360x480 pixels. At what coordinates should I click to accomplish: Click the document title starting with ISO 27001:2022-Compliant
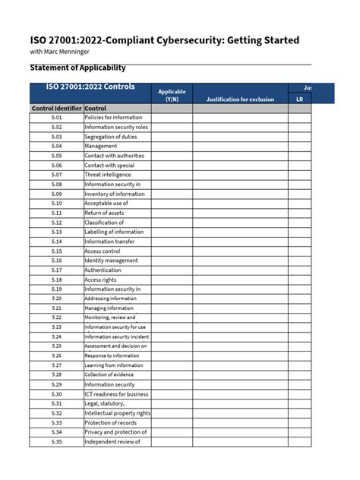tap(164, 39)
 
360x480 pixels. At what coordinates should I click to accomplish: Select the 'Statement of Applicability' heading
tap(77, 68)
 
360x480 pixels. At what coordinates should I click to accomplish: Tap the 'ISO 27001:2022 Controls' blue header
tap(90, 87)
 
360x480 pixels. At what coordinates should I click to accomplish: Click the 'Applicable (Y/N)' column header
tap(172, 95)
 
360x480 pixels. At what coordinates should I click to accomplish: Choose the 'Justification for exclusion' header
tap(240, 99)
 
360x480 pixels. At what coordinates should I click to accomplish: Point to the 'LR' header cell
tap(299, 99)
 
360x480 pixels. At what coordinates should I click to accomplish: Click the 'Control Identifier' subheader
tap(57, 109)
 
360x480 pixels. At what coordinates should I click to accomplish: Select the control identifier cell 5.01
tap(57, 118)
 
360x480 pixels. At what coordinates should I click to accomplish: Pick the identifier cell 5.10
tap(57, 204)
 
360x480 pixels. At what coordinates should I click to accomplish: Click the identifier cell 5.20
tap(57, 298)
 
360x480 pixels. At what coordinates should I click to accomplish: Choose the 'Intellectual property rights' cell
tap(117, 413)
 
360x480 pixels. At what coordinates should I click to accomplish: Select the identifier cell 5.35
tap(57, 441)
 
